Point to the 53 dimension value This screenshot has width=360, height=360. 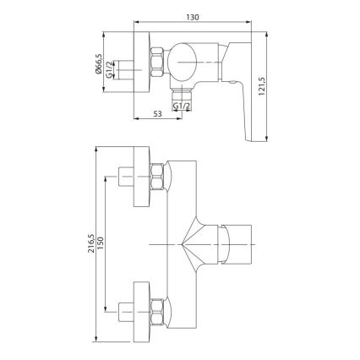pyautogui.click(x=157, y=112)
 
